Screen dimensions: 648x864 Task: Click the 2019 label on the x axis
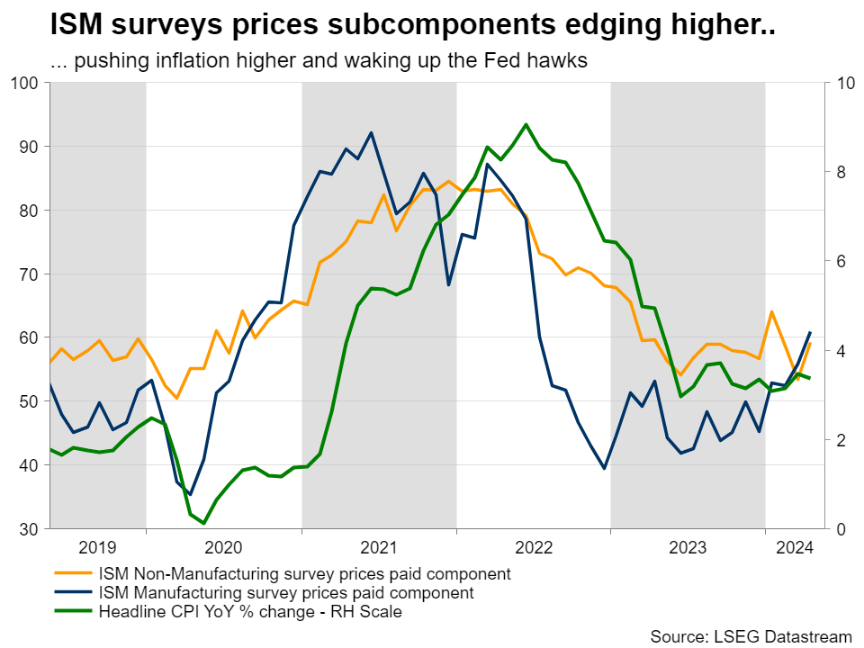point(97,546)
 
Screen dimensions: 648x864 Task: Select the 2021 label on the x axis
point(379,546)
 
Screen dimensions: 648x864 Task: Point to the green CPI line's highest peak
point(526,124)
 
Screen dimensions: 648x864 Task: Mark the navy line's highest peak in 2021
point(372,132)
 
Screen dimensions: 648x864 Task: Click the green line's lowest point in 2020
point(204,523)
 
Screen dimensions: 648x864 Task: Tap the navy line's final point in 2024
point(810,333)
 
